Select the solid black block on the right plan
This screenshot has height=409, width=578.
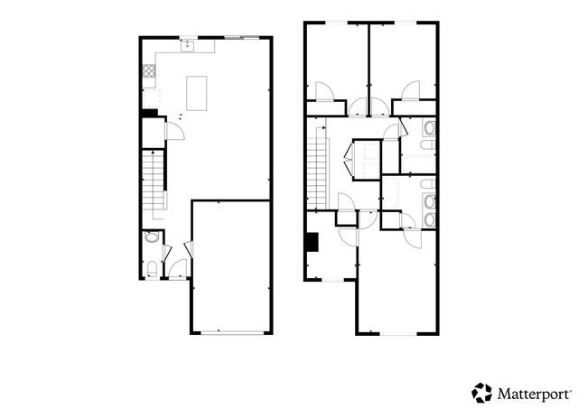312,242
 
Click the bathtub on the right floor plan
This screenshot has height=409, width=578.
417,163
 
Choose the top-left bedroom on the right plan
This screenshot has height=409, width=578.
336,59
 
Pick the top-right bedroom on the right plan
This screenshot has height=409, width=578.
403,59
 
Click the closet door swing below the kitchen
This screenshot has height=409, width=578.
177,132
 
